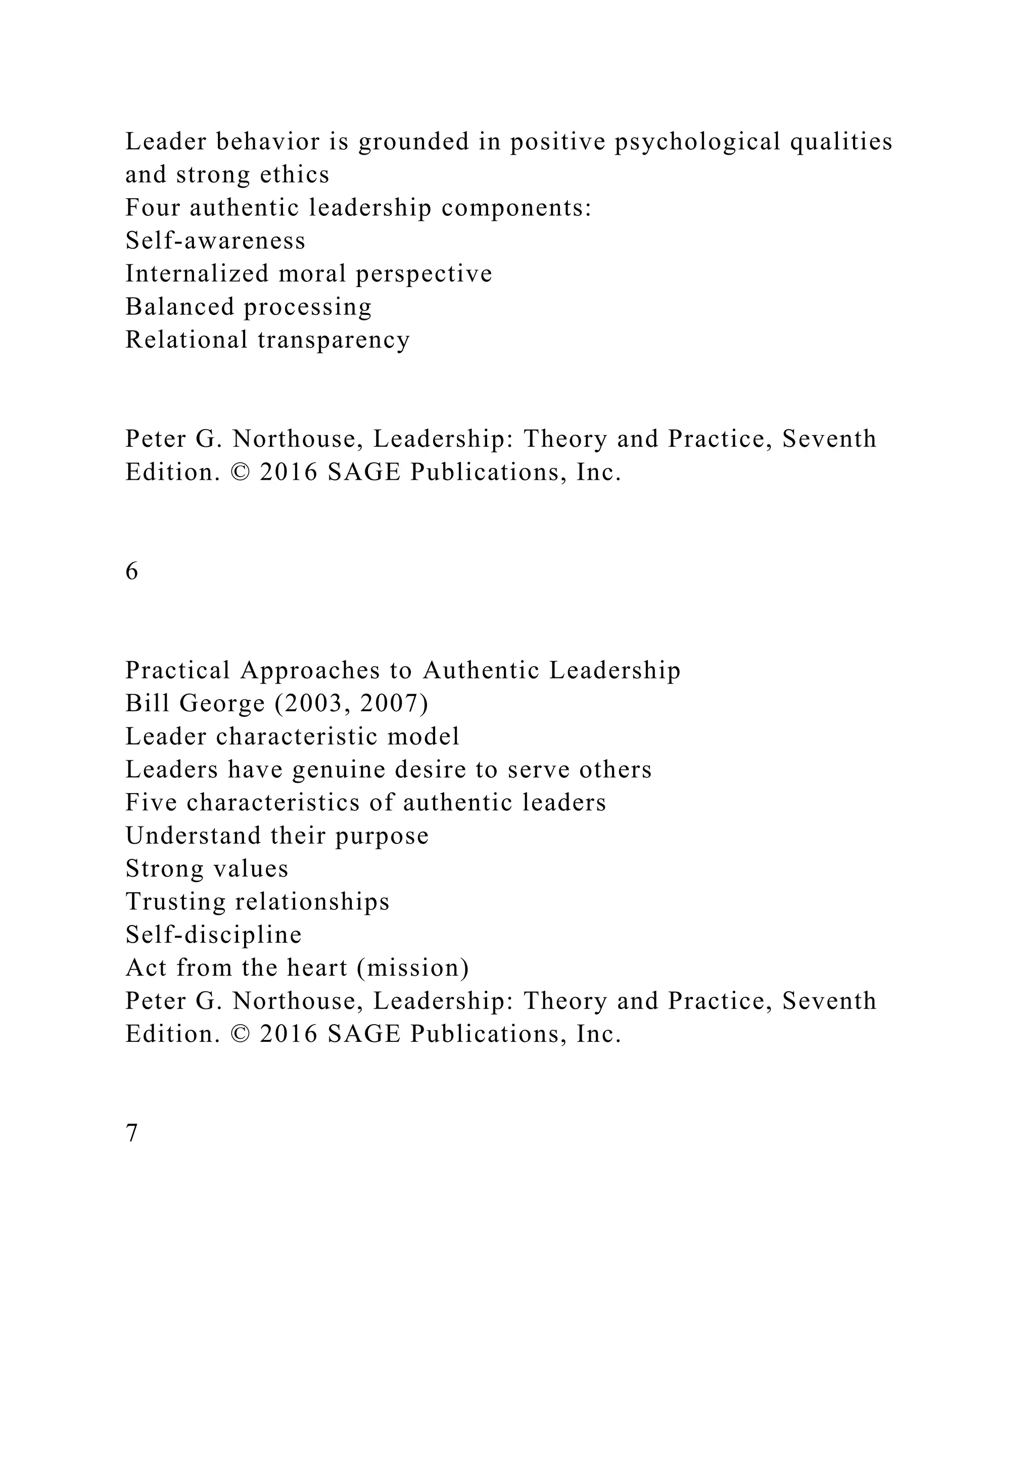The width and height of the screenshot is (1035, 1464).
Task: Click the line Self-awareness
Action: [215, 241]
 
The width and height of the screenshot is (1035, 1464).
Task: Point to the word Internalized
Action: [197, 274]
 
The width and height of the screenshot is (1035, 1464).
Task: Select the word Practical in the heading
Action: [177, 671]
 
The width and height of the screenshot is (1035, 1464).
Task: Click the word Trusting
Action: [175, 902]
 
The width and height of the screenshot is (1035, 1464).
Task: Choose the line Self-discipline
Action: [213, 935]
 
